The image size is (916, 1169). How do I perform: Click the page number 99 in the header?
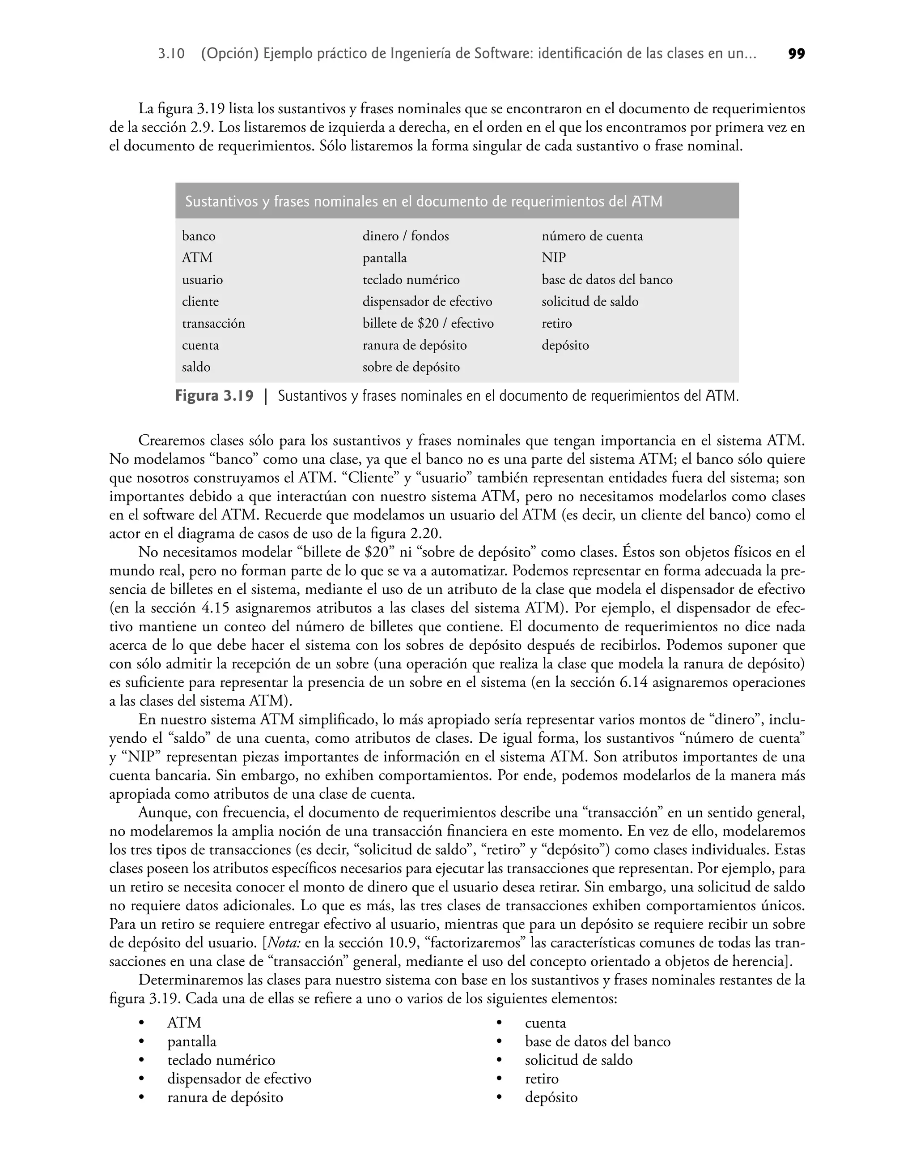coord(797,54)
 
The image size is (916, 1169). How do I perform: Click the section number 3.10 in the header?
coord(172,54)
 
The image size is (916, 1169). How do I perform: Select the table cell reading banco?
coord(199,236)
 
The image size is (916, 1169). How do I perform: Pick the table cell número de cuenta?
coord(592,236)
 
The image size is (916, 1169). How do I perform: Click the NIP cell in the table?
coord(553,258)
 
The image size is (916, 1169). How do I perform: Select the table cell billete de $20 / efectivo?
coord(428,324)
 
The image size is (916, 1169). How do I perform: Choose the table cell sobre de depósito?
coord(411,368)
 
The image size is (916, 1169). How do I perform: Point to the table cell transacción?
coord(213,324)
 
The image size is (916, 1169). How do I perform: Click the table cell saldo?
coord(196,368)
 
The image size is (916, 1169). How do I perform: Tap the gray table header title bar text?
coord(424,202)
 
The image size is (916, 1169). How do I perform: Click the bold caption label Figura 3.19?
coord(214,397)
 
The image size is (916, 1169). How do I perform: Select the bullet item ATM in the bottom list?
coord(184,1023)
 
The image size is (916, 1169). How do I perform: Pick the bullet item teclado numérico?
coord(221,1060)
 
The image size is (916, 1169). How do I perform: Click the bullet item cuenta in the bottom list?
coord(545,1023)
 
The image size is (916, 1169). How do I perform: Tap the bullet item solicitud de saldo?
coord(579,1060)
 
